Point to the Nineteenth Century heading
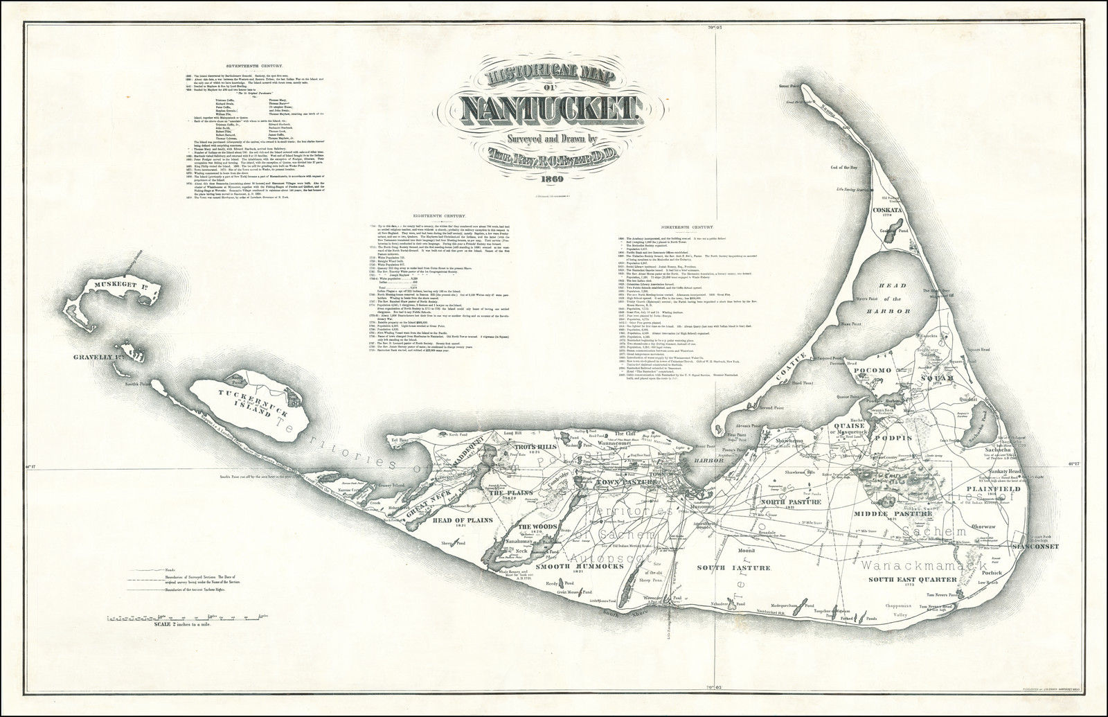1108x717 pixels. pyautogui.click(x=687, y=227)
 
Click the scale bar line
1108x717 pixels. pyautogui.click(x=188, y=617)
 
